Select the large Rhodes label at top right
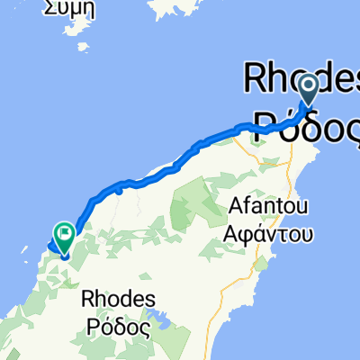(x=302, y=78)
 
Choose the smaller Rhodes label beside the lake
(x=119, y=299)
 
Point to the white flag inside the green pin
(x=66, y=235)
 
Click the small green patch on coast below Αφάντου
(x=261, y=267)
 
